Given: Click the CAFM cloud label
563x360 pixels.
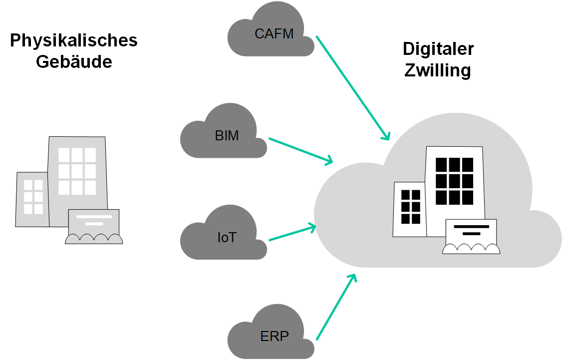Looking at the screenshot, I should coord(274,34).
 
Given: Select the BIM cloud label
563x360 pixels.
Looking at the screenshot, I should coord(227,135).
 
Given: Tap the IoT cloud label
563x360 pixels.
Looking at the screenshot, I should coord(227,237).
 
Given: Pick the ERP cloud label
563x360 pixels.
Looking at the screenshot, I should coord(275,336).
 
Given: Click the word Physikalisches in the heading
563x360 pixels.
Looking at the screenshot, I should coord(74,40).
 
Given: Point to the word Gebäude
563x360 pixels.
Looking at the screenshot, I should coord(74,62).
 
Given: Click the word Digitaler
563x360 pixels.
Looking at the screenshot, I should coord(438,49).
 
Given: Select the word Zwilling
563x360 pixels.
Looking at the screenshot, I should coord(438,70).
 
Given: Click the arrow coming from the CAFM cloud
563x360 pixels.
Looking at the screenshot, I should coord(353,88).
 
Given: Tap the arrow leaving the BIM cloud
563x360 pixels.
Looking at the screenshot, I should coord(301,150).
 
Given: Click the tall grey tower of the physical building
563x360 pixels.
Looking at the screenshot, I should coord(77,170).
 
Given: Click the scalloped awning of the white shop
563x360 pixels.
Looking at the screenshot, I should coord(471,249).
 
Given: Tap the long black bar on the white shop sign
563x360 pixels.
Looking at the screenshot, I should coord(471,227).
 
